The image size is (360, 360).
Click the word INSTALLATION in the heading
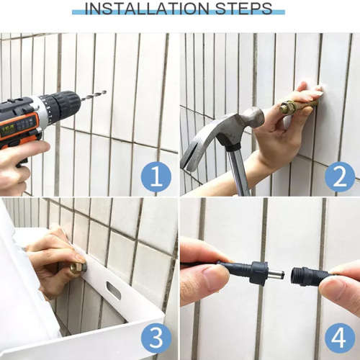147,9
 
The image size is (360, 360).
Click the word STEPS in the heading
244,9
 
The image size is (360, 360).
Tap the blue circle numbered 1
156,176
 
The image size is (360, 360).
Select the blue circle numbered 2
340,176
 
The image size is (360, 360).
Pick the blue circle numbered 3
156,338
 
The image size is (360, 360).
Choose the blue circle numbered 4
340,338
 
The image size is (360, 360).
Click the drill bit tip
106,91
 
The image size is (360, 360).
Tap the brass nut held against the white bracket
78,268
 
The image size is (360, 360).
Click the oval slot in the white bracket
114,291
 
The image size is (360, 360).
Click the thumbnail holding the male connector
215,276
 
